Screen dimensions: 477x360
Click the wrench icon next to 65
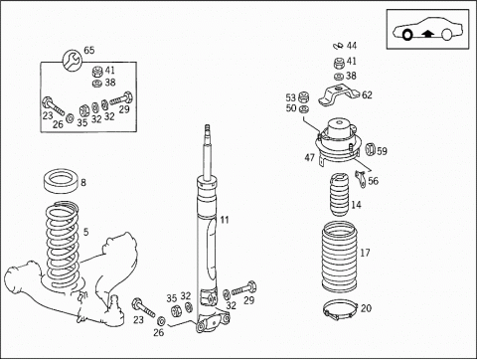(72, 60)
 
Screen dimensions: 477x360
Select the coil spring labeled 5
(63, 246)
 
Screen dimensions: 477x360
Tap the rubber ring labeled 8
(61, 181)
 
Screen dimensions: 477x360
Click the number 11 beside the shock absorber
(225, 220)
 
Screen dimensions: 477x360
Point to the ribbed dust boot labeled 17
(339, 258)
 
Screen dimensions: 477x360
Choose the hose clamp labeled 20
(340, 310)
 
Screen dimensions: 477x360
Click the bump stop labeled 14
(339, 195)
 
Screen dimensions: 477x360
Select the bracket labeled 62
(339, 95)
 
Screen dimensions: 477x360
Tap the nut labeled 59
(370, 149)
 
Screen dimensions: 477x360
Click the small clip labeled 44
(339, 46)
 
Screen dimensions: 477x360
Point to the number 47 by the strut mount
(309, 157)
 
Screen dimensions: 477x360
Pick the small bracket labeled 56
(361, 179)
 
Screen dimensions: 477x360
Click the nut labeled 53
(304, 97)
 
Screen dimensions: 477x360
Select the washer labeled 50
(303, 108)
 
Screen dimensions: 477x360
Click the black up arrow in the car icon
(427, 33)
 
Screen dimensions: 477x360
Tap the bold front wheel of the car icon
(406, 34)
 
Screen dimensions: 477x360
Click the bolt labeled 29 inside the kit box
(121, 98)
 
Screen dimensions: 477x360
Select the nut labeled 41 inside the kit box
(97, 71)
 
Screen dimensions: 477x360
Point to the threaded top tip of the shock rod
(208, 127)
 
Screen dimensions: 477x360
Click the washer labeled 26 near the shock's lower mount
(162, 321)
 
